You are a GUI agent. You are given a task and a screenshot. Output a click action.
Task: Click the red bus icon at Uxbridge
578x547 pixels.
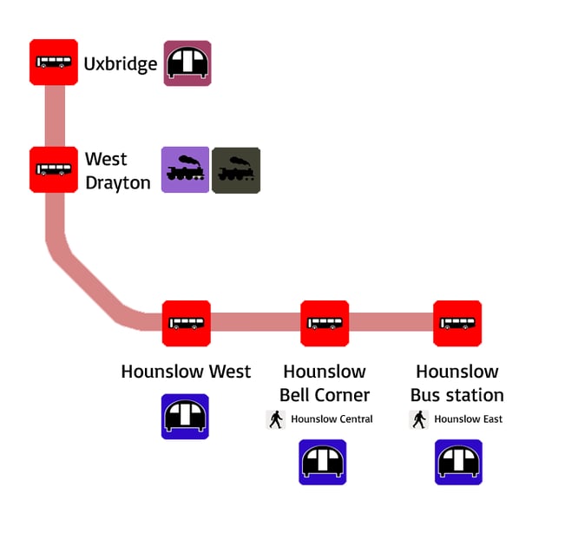[x=54, y=62]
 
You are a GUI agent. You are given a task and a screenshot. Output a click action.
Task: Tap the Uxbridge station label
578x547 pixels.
[x=121, y=64]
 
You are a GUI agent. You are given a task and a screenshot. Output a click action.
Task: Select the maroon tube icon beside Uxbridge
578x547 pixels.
[x=187, y=63]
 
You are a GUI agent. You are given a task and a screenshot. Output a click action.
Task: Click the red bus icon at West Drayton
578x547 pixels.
[x=54, y=169]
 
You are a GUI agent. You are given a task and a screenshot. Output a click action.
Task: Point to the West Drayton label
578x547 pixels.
[x=117, y=171]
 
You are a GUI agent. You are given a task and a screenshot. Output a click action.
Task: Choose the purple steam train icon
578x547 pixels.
[x=186, y=169]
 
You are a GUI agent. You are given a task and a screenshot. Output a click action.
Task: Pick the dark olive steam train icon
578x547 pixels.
[x=236, y=170]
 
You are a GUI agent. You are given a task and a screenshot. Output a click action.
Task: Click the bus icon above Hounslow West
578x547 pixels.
[x=187, y=323]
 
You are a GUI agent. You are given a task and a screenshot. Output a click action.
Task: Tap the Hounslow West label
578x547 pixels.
[x=186, y=372]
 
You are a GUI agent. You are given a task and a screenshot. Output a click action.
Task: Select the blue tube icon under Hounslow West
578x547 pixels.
[x=186, y=417]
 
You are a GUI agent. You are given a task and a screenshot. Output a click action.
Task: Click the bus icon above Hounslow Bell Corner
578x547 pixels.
[x=325, y=323]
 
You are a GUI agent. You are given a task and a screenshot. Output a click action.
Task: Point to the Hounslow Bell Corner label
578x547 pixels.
[x=325, y=383]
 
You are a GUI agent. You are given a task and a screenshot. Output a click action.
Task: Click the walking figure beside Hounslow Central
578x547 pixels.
[x=276, y=419]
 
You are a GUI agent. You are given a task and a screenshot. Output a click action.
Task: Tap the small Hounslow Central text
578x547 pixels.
[x=332, y=419]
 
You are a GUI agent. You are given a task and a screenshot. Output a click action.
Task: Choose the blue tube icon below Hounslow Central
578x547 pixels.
[x=323, y=462]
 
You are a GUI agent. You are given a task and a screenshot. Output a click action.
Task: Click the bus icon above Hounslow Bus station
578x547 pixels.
[x=457, y=323]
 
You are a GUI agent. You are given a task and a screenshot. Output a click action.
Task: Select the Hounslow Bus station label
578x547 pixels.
[x=456, y=383]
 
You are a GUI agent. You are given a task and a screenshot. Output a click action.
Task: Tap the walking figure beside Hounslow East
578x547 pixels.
[x=419, y=419]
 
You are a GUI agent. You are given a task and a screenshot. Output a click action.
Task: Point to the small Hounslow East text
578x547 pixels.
[x=469, y=419]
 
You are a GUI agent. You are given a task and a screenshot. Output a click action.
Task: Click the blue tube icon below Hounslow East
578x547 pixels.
[x=458, y=462]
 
